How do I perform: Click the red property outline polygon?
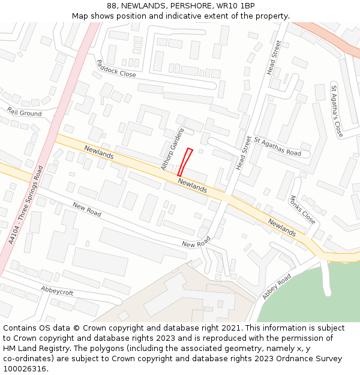click(x=185, y=162)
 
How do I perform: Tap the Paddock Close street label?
click(x=116, y=68)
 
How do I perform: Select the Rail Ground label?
click(x=25, y=113)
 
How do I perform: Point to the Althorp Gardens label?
click(x=173, y=149)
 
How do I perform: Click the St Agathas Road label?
click(x=277, y=146)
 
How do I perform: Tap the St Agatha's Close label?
click(x=336, y=112)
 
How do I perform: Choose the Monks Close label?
click(x=302, y=209)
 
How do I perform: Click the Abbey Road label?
click(x=276, y=287)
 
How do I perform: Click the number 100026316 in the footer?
click(x=25, y=368)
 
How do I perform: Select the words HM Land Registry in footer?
click(x=32, y=348)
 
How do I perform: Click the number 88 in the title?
click(x=112, y=5)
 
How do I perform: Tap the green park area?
click(x=312, y=294)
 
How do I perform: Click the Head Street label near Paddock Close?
click(x=274, y=58)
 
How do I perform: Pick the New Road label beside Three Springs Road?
click(x=87, y=209)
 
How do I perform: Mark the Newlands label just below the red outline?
click(x=193, y=185)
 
